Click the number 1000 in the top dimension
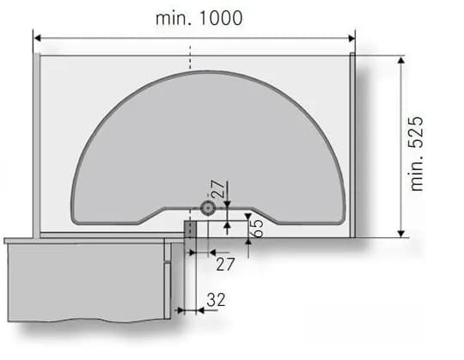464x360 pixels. point(221,18)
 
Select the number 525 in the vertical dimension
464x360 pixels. point(416,132)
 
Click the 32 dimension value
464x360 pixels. point(216,300)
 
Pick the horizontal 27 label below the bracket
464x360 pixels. point(225,264)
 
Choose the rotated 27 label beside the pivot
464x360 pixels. point(218,189)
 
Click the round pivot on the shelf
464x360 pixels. point(207,208)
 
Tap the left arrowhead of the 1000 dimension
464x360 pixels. point(38,38)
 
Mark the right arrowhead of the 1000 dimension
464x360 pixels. point(351,38)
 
